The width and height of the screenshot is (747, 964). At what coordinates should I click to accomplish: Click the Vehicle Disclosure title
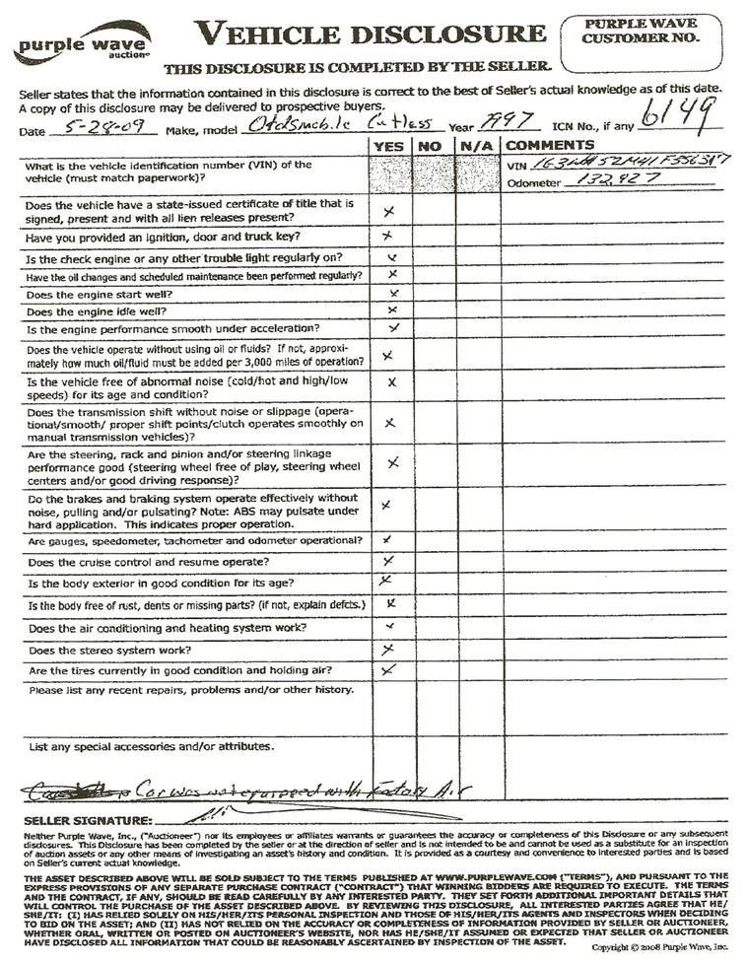370,34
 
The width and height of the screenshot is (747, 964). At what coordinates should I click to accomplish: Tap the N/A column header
472,146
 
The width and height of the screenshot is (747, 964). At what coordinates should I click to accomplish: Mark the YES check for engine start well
393,294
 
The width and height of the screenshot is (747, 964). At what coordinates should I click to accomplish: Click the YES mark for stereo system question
388,649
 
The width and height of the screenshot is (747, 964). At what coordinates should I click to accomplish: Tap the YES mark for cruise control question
388,561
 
